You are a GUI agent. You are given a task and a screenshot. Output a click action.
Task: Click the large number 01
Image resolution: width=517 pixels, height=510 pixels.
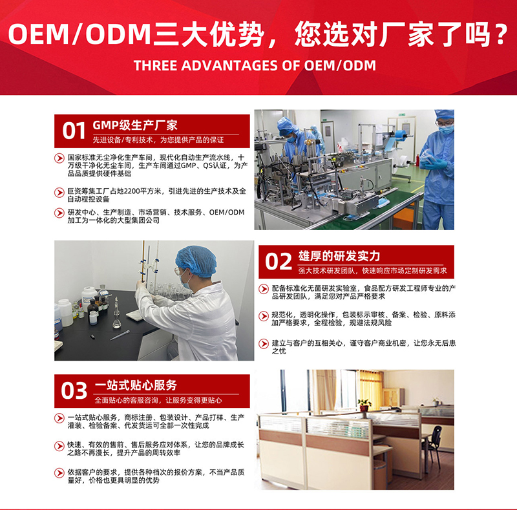pos(74,131)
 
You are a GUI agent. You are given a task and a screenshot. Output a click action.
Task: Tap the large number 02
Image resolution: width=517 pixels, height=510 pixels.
pos(279,262)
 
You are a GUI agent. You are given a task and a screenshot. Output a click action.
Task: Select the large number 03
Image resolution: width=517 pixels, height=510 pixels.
pos(74,390)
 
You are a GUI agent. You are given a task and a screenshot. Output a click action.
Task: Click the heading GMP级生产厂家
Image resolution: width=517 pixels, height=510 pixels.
pos(135,125)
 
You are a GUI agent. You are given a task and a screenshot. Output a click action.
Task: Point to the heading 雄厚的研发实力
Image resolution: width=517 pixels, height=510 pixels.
pos(339,256)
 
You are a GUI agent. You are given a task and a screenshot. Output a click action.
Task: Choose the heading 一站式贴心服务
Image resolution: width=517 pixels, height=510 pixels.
pos(136,385)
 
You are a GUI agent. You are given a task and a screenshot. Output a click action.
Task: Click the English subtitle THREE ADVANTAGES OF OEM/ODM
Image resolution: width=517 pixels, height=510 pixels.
pos(255,65)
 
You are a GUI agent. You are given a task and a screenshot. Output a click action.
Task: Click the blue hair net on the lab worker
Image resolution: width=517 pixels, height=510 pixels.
pos(196,261)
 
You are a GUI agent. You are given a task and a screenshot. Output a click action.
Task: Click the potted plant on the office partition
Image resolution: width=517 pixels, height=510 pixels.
pos(364,405)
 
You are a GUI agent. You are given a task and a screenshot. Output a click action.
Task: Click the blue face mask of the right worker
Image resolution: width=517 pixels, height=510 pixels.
pos(447,130)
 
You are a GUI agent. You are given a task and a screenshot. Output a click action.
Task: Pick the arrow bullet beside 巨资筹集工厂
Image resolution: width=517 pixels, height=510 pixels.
pos(59,193)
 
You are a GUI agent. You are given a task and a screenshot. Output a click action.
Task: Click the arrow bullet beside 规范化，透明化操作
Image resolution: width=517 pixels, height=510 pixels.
pos(264,316)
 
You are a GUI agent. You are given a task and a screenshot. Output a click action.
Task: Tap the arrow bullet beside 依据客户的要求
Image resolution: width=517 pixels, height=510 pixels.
pos(59,473)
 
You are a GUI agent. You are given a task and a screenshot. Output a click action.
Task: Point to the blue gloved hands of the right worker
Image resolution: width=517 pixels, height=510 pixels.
pos(434,162)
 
